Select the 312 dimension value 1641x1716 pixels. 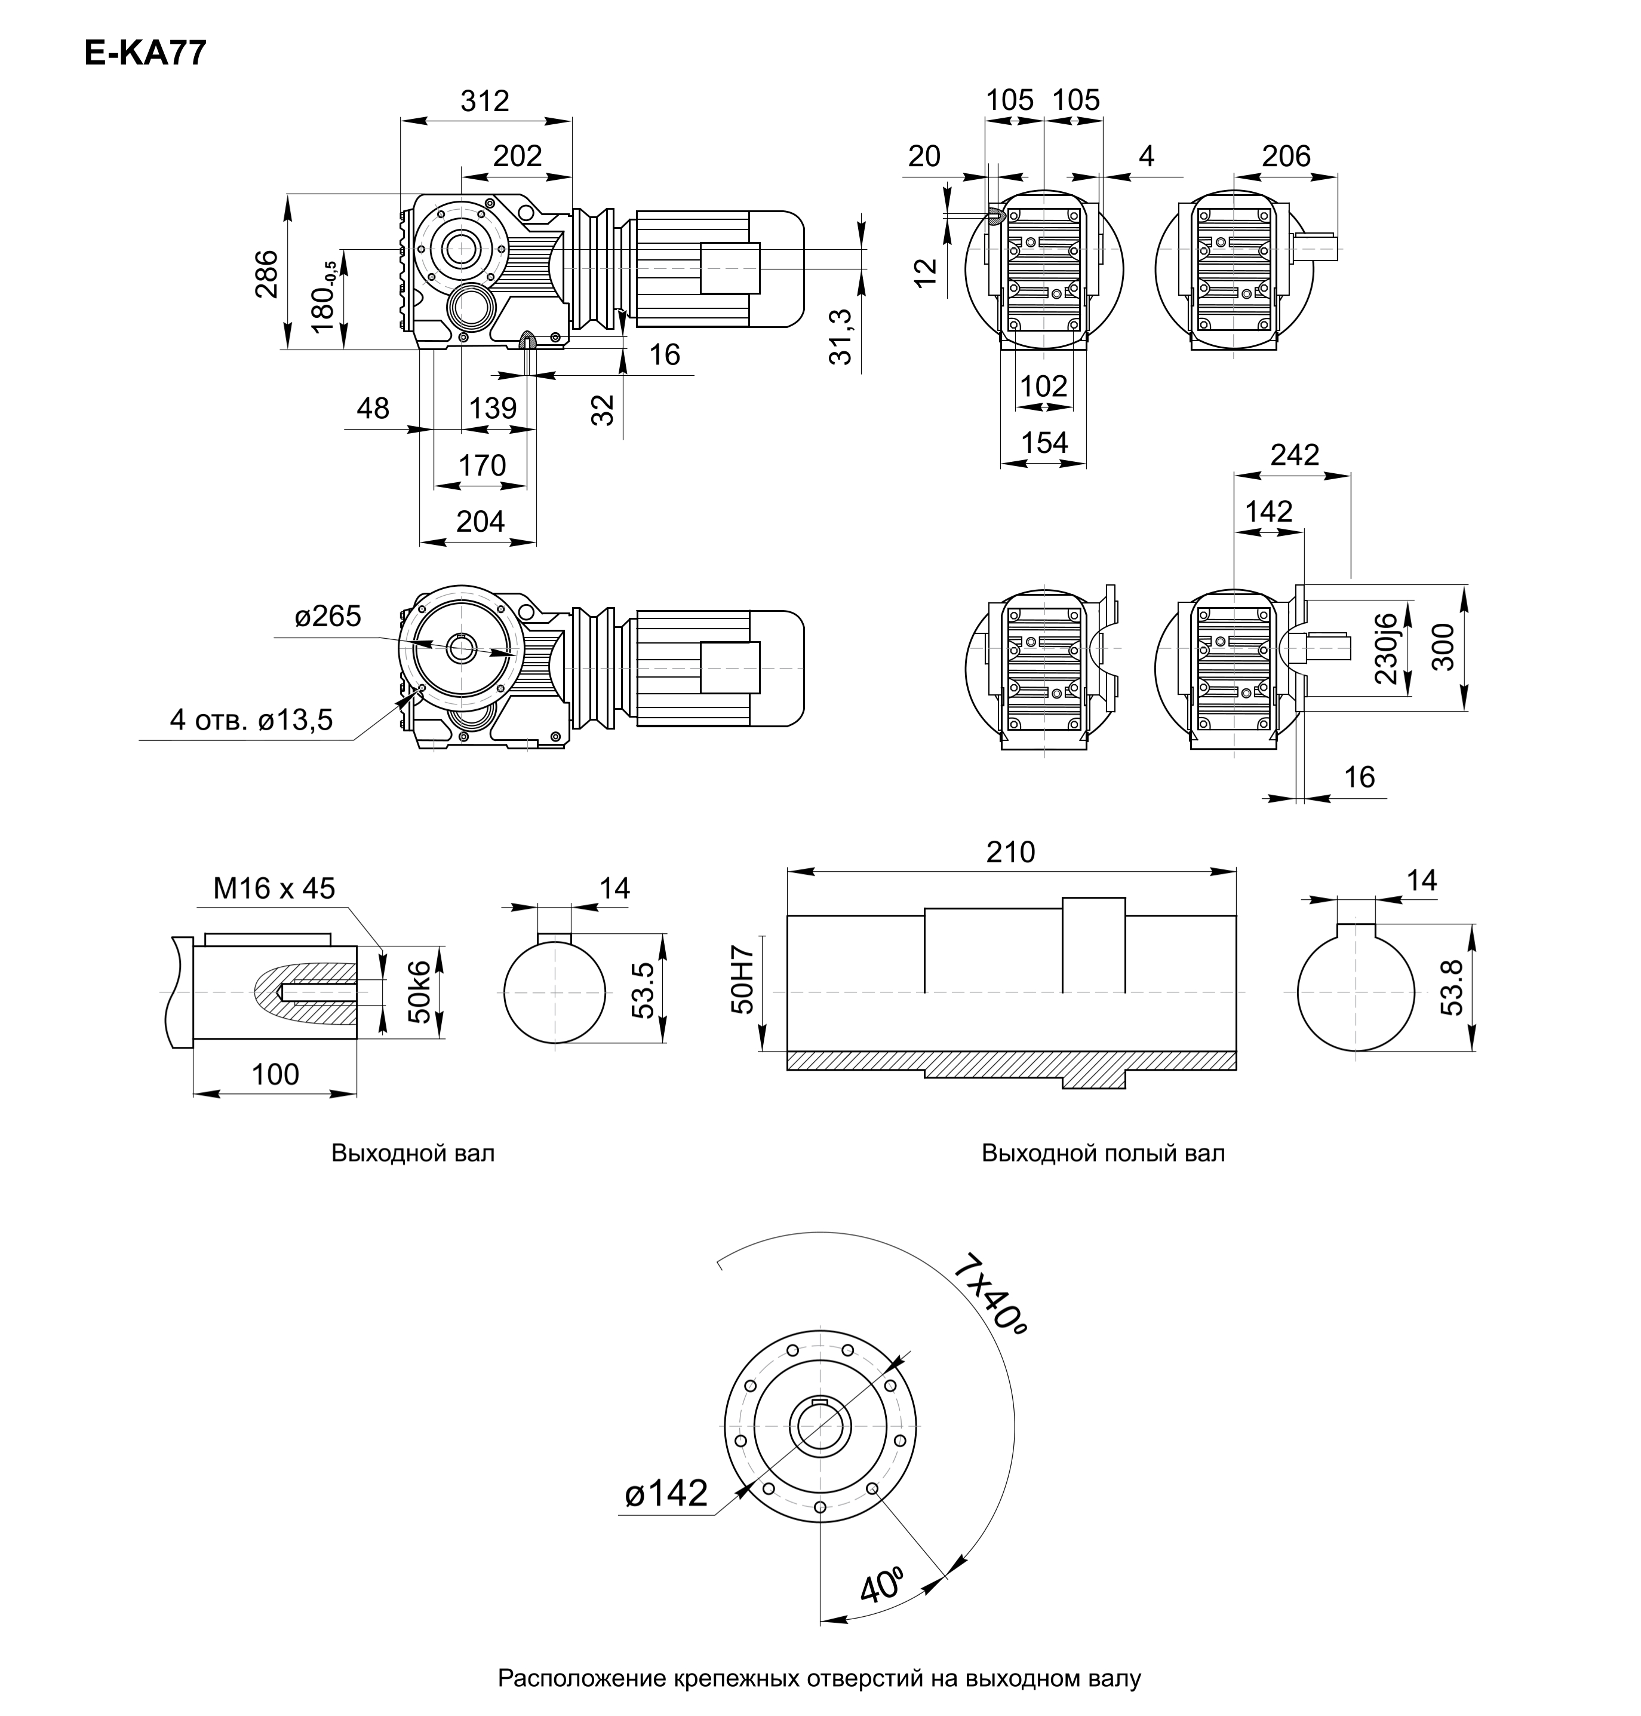[x=485, y=102]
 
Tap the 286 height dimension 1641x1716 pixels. [x=267, y=273]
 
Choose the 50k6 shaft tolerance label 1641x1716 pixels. [x=420, y=991]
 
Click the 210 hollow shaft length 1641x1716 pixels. [x=1010, y=852]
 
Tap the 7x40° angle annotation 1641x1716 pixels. [x=990, y=1296]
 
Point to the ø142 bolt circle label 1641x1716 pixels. [x=666, y=1494]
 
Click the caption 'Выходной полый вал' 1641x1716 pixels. [x=1102, y=1153]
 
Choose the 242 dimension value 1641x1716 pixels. [x=1295, y=455]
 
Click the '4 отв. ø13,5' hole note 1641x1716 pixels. [x=251, y=720]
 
